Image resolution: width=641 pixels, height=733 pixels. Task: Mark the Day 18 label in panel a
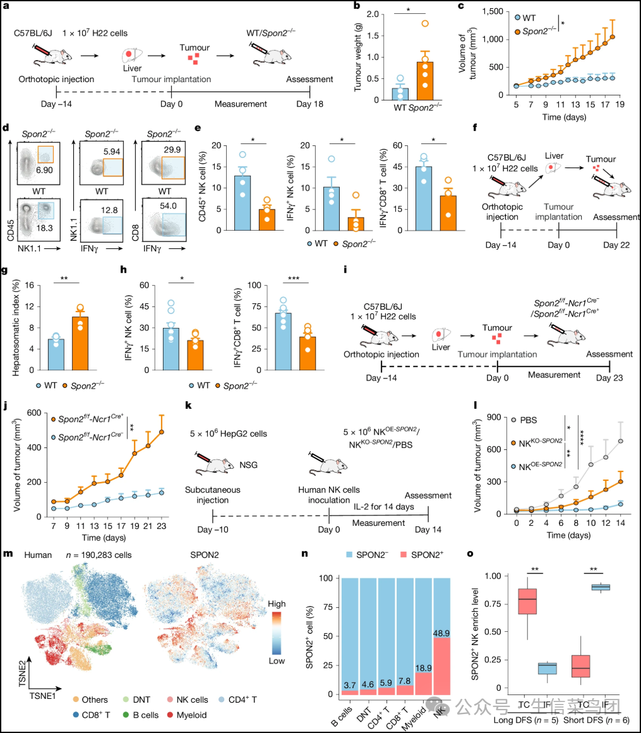(309, 104)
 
